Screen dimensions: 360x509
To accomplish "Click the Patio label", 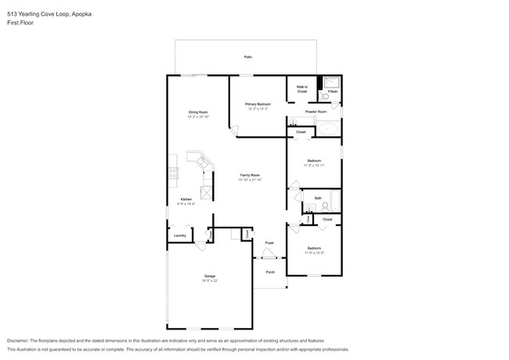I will [x=247, y=57].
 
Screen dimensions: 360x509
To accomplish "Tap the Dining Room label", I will [x=197, y=113].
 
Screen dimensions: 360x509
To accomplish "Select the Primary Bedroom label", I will [x=258, y=104].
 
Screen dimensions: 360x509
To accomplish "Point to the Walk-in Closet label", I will [x=301, y=89].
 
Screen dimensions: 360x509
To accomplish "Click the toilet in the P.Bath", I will [x=322, y=95].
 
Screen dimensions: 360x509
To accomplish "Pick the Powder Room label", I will [x=316, y=112].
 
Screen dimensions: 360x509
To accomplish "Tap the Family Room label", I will [x=249, y=175].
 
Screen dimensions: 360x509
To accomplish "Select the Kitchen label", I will [x=186, y=200].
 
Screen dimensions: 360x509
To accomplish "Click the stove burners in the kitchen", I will [x=171, y=176].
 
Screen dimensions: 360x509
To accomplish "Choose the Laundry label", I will [x=179, y=235].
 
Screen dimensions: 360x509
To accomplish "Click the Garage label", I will [x=210, y=275].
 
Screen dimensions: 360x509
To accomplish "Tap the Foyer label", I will [x=269, y=243].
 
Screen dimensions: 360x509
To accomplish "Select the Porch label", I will [x=270, y=272].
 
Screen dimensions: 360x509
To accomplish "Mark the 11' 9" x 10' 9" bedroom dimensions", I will [x=314, y=252].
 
